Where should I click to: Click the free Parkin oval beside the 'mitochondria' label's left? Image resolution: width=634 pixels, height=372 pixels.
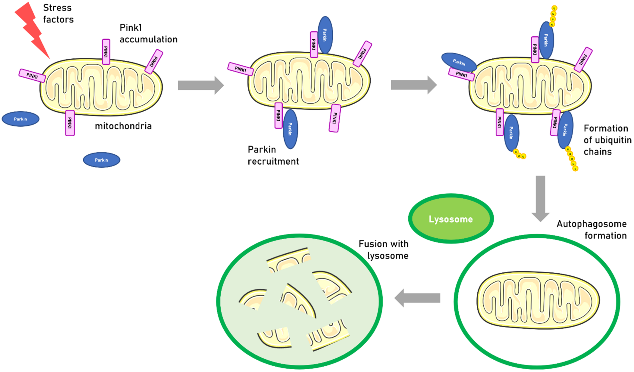(x=20, y=119)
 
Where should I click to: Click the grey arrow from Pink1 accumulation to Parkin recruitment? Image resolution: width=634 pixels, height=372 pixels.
(x=201, y=85)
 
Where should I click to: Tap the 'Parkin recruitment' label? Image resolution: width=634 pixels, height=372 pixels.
(x=273, y=155)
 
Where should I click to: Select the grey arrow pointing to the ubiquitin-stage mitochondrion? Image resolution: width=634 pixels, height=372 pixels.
(x=413, y=85)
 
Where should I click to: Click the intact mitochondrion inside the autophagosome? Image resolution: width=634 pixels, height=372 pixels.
(x=538, y=300)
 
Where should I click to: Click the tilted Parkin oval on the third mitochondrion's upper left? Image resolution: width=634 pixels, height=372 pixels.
(x=459, y=62)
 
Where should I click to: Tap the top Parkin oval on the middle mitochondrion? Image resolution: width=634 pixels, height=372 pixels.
(x=325, y=35)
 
